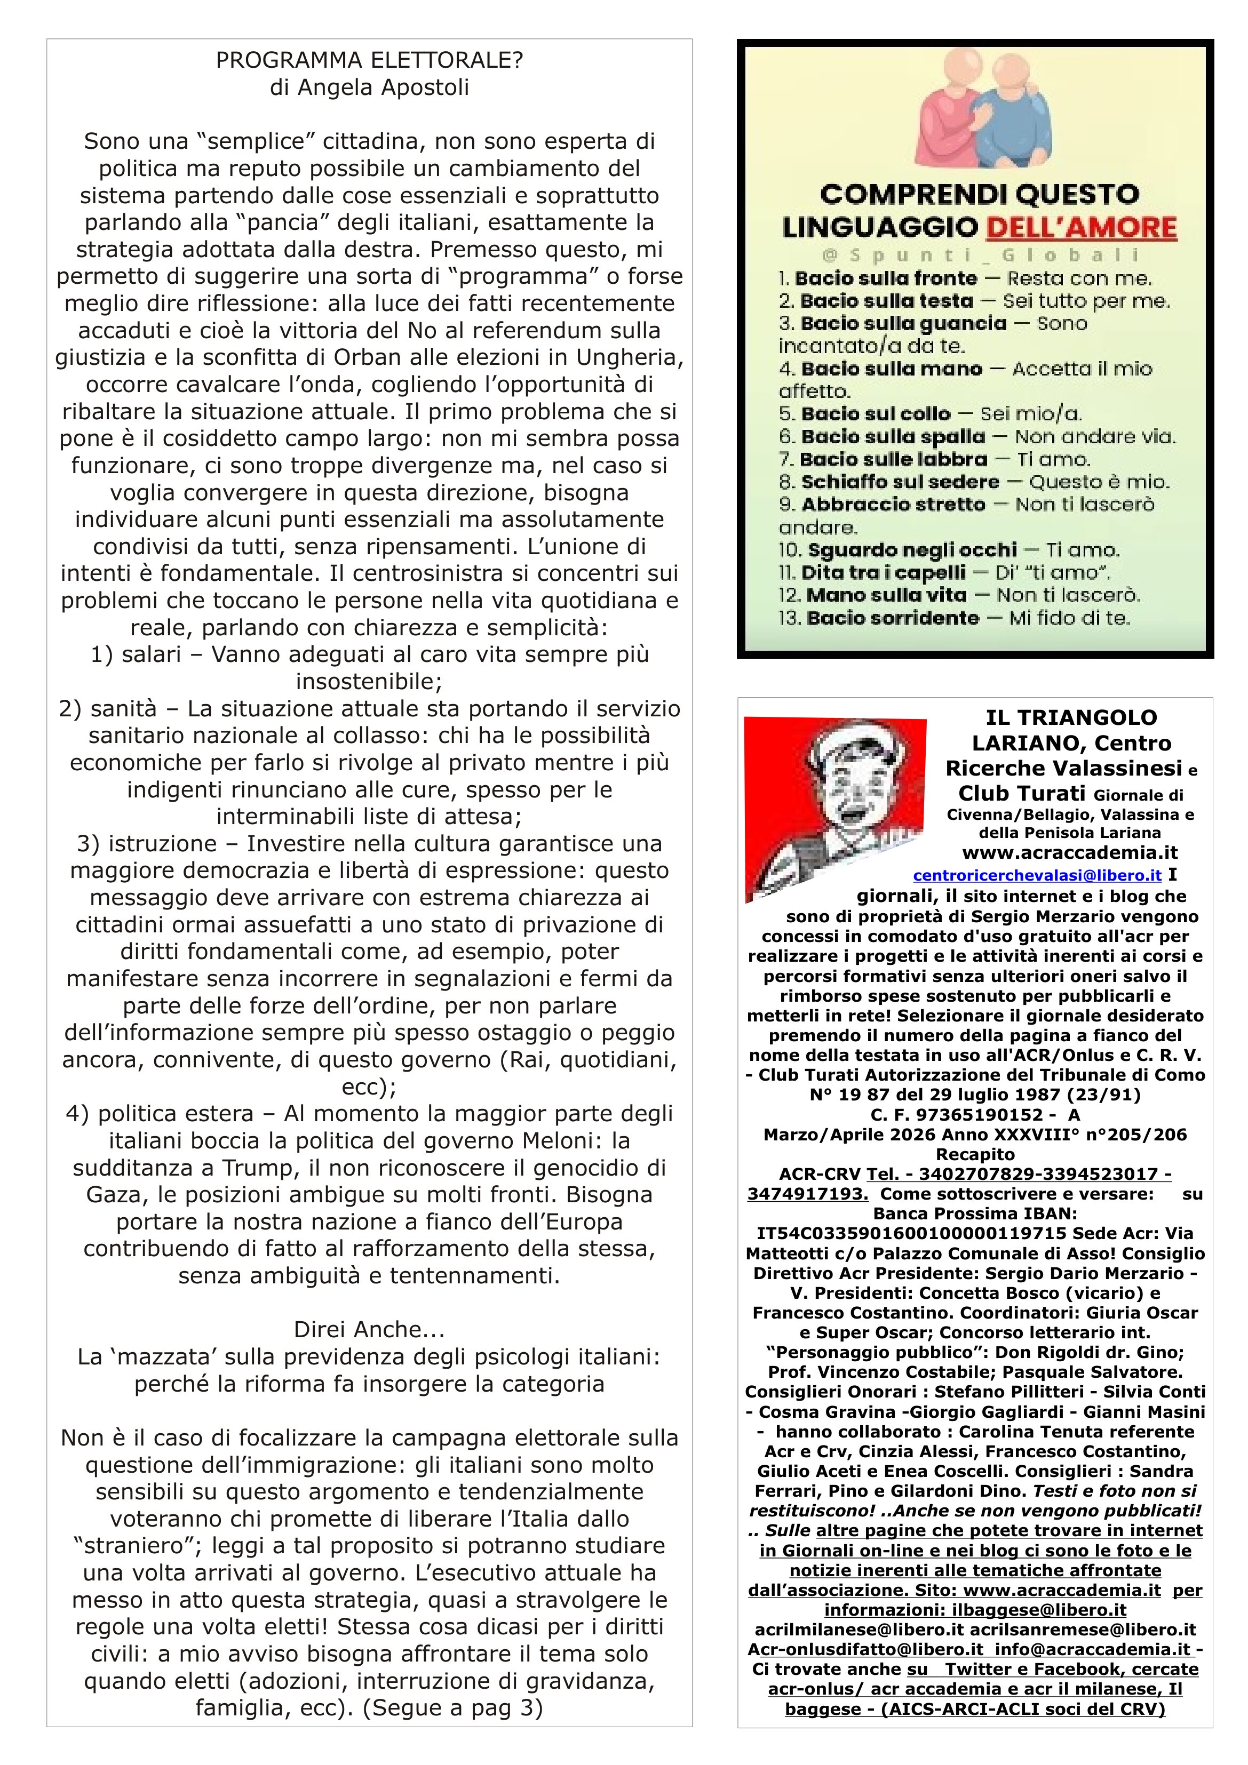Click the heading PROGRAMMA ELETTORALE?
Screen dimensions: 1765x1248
(369, 61)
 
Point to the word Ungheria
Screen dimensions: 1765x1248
(630, 357)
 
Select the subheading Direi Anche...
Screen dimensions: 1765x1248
(369, 1329)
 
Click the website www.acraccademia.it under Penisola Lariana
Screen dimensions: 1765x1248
(1070, 852)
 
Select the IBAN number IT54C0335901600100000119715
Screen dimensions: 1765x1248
(906, 1234)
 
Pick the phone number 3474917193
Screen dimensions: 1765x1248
(807, 1194)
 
